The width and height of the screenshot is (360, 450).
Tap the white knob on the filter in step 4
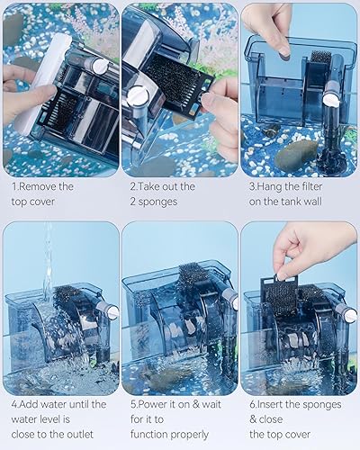[111, 310]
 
